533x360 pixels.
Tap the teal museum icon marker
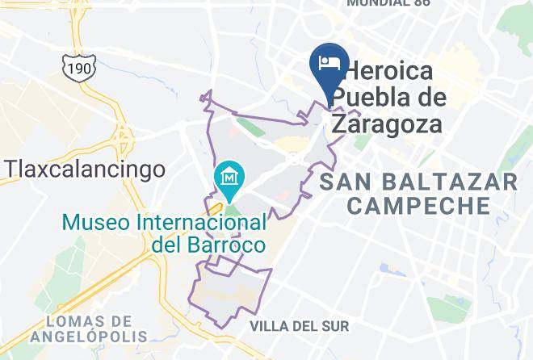click(x=229, y=175)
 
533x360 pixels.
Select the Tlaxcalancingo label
click(x=86, y=169)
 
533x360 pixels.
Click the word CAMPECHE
click(x=417, y=206)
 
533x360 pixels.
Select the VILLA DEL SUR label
click(x=300, y=326)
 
